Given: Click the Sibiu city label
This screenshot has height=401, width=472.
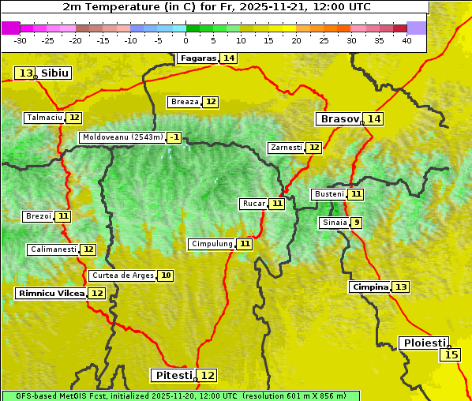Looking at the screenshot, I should click(x=55, y=73).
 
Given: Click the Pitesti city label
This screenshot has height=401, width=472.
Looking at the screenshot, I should click(x=172, y=376).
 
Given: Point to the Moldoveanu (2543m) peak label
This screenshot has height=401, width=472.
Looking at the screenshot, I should click(x=122, y=137).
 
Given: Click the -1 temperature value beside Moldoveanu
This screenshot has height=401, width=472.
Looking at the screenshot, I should click(x=174, y=137).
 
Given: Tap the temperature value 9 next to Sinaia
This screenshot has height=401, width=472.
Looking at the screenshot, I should click(x=357, y=223).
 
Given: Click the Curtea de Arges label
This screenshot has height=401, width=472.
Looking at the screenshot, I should click(x=122, y=275).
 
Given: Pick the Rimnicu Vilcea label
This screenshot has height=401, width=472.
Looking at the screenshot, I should click(x=51, y=294).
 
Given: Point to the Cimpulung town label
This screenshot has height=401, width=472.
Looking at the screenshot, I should click(x=212, y=244).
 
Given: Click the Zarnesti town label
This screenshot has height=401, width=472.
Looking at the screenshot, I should click(x=286, y=148).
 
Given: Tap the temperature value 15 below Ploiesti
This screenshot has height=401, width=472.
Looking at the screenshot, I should click(x=451, y=355).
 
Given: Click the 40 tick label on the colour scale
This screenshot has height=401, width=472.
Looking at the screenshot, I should click(x=406, y=40).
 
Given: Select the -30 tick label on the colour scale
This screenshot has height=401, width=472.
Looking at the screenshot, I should click(x=20, y=40).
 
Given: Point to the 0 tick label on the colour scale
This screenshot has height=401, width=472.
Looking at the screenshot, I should click(x=185, y=40).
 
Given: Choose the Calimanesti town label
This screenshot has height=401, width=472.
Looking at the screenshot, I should click(x=53, y=249).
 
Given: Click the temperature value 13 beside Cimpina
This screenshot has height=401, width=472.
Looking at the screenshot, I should click(x=401, y=287).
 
